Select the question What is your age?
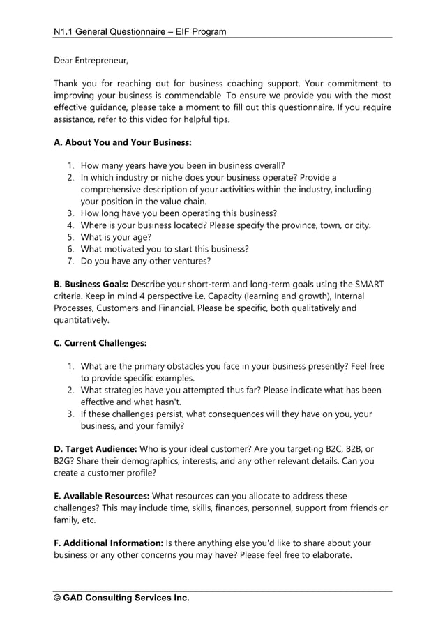pyautogui.click(x=115, y=236)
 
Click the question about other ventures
pyautogui.click(x=145, y=261)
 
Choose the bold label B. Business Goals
pyautogui.click(x=91, y=284)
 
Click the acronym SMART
pyautogui.click(x=366, y=284)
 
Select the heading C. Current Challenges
pyautogui.click(x=100, y=343)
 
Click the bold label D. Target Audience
pyautogui.click(x=95, y=449)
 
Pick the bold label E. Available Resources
pyautogui.click(x=102, y=496)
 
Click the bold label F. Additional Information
pyautogui.click(x=108, y=543)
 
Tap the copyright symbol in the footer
pyautogui.click(x=59, y=598)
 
